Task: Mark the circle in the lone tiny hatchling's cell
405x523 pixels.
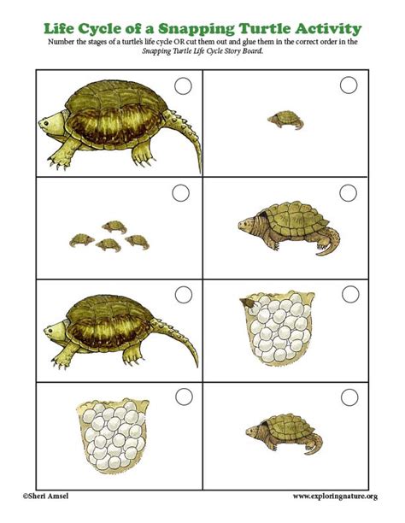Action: point(349,85)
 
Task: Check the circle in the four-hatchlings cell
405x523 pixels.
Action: point(181,193)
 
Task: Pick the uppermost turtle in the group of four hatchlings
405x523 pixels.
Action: point(112,226)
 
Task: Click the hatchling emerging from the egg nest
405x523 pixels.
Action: point(250,301)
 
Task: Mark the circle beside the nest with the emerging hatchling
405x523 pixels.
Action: point(349,294)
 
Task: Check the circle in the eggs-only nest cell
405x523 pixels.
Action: point(181,397)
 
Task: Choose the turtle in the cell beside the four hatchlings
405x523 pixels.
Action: point(281,226)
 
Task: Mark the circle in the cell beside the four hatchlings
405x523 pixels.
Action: point(349,193)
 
